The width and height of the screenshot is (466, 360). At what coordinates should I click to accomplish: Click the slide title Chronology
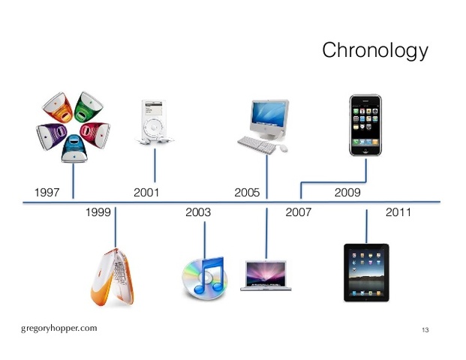pos(374,51)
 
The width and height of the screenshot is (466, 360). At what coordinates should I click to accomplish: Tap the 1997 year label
pos(47,193)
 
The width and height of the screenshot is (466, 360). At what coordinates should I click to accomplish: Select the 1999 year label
pos(98,213)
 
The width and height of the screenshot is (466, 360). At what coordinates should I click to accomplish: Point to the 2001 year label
pos(146,193)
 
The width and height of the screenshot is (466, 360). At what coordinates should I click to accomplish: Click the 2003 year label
pos(197,213)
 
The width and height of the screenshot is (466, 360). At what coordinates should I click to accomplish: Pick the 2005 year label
pos(247,193)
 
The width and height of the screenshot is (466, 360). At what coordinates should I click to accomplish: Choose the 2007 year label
pos(298,213)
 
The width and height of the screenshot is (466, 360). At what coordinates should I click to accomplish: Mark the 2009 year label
pos(347,193)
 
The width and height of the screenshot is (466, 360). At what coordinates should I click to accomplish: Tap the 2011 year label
pos(398,213)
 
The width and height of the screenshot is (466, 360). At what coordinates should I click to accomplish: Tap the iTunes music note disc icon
pos(203,276)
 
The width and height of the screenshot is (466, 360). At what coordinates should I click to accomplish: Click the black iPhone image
pos(365,124)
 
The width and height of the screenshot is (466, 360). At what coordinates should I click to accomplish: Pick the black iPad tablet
pos(366,271)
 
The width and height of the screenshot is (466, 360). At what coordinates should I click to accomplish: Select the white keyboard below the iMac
pos(257,143)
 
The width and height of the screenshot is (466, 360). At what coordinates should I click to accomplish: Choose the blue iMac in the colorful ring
pos(73,148)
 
